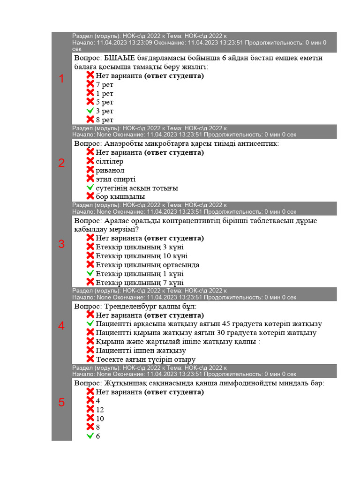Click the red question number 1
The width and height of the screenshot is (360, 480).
[x=61, y=79]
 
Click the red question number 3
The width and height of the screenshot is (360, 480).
[x=61, y=244]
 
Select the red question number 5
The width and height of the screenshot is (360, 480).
[x=61, y=403]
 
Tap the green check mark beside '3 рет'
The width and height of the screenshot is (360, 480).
[x=90, y=111]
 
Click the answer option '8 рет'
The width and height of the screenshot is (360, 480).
[x=105, y=120]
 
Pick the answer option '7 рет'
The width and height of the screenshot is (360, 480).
[x=105, y=85]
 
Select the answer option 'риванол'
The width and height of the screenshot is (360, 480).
[x=110, y=170]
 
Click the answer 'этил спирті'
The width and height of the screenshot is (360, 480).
[x=116, y=179]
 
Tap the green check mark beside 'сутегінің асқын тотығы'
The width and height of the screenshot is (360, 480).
[x=90, y=188]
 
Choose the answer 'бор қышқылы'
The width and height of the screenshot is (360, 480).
[x=120, y=197]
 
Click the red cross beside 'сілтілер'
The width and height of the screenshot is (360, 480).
[x=90, y=161]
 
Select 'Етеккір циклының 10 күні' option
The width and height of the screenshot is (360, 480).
[x=142, y=256]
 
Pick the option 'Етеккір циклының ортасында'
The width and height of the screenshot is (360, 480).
[x=147, y=265]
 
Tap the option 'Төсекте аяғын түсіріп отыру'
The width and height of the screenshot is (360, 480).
[x=145, y=360]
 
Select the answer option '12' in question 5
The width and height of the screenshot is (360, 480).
[x=100, y=410]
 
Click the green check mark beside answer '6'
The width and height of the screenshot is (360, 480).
[x=90, y=436]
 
